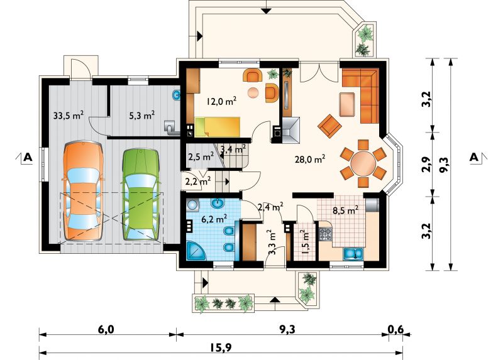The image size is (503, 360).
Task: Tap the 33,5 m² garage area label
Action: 69,115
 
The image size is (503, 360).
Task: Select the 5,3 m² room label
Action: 142,115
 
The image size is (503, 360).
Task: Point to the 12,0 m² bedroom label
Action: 222,101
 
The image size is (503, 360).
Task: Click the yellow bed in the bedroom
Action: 218,127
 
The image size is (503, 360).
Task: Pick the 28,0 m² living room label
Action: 310,160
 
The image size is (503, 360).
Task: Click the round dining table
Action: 363,164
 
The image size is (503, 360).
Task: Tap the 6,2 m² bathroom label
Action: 214,219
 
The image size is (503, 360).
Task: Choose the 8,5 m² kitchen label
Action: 345,210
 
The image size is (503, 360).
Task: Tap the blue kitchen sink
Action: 353,253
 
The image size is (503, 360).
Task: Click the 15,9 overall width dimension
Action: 221,347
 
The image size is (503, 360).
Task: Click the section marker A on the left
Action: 28,157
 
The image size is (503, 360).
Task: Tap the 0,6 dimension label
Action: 396,329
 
